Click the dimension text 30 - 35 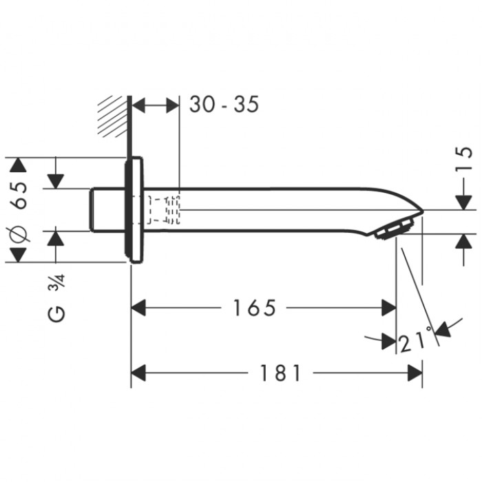(x=224, y=105)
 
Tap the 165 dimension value (x=253, y=308)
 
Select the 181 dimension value (x=280, y=373)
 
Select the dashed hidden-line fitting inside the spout (x=164, y=210)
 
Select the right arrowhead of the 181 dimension (x=415, y=373)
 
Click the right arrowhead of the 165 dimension (x=388, y=308)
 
